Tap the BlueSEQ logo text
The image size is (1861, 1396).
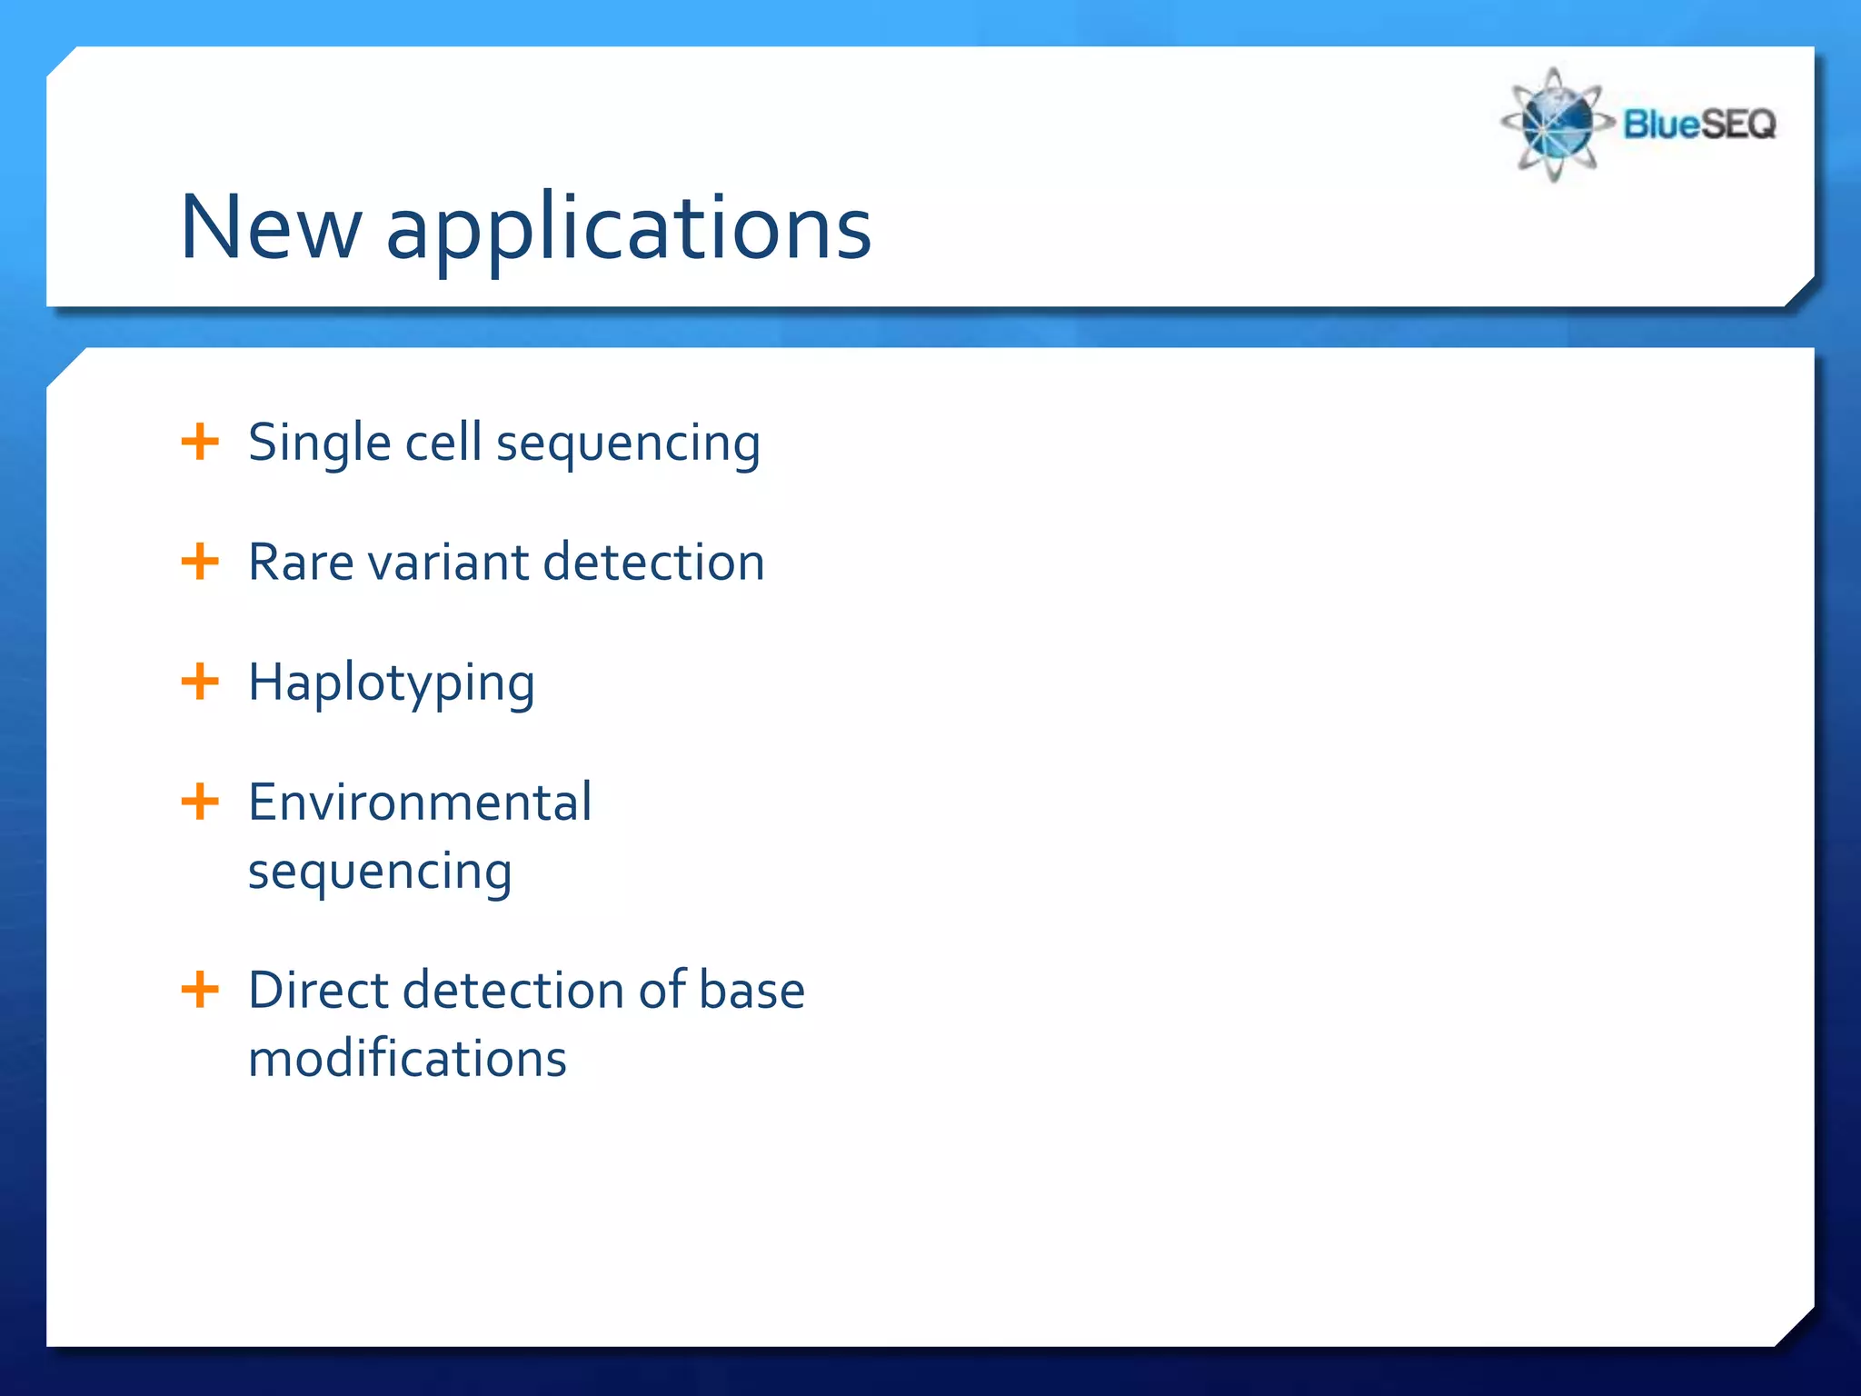[1698, 124]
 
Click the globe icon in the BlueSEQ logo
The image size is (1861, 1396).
[1555, 125]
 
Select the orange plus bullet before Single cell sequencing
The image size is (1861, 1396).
[200, 443]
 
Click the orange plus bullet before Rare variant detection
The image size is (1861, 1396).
[200, 562]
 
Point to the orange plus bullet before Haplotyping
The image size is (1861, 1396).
[200, 682]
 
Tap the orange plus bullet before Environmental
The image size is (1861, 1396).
[200, 802]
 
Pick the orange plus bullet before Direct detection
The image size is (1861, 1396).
[200, 989]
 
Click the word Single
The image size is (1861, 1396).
[319, 444]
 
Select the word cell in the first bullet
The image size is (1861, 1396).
[443, 443]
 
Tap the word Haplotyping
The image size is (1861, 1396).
[392, 684]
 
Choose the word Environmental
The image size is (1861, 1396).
[420, 803]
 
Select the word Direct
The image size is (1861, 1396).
[318, 990]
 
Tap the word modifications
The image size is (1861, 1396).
[407, 1059]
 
